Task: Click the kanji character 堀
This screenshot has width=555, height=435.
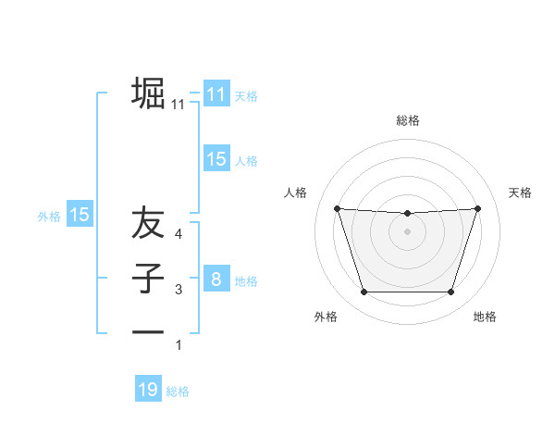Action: [x=148, y=93]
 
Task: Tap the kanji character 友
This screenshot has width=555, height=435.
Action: [x=148, y=225]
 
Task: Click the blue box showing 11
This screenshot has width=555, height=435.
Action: [x=216, y=94]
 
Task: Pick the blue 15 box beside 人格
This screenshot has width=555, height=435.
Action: [x=216, y=159]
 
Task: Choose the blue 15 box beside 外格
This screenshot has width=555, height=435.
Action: [x=80, y=215]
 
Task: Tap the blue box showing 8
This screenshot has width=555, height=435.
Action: [x=216, y=279]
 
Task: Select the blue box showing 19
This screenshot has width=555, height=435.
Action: [x=148, y=390]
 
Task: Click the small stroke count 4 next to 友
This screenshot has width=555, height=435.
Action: [x=179, y=234]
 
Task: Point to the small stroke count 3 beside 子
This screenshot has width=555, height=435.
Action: [x=179, y=291]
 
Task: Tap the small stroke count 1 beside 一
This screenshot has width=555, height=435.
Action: [x=179, y=345]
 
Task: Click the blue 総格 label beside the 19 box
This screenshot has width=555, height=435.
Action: [x=178, y=391]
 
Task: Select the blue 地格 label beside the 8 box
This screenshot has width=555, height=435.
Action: [x=246, y=280]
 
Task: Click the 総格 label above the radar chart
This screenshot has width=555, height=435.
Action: [x=407, y=120]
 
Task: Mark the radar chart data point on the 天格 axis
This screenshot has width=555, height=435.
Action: [x=477, y=208]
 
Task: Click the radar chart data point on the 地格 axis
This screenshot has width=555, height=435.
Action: [x=450, y=292]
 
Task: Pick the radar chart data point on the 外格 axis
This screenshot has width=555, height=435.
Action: [x=364, y=292]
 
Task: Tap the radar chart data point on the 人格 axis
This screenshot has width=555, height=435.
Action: [x=337, y=208]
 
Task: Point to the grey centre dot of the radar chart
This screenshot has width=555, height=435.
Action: [x=407, y=231]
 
